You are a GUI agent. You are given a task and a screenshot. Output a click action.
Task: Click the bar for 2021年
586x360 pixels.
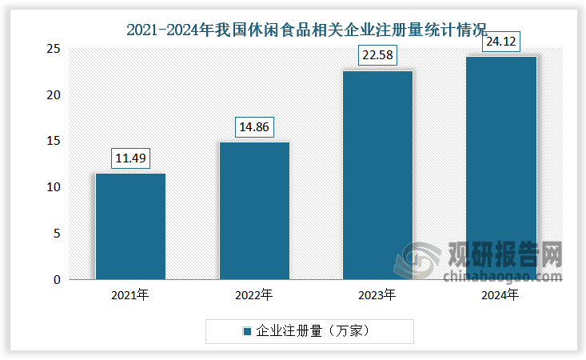(130, 226)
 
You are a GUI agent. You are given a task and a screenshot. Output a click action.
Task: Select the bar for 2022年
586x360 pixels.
(254, 211)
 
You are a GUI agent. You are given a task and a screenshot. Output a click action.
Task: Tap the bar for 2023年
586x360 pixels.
(377, 175)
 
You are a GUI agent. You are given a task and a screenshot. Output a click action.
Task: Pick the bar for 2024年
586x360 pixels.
(501, 168)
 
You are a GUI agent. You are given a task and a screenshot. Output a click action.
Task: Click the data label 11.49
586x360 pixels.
(130, 158)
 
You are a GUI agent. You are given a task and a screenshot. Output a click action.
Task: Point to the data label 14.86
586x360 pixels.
(254, 127)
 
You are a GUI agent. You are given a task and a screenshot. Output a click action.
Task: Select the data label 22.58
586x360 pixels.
(377, 56)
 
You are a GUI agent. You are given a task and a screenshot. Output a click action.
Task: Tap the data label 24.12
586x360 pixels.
(501, 42)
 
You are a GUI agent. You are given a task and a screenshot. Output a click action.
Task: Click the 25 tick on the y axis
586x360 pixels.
(54, 49)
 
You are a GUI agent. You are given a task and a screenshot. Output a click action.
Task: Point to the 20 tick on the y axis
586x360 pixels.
(54, 95)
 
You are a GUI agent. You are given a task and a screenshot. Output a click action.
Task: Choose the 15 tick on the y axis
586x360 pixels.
(54, 141)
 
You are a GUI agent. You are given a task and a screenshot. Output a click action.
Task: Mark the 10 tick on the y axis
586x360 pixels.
(54, 187)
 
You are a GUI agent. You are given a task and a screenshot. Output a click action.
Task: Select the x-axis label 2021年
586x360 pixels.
(130, 295)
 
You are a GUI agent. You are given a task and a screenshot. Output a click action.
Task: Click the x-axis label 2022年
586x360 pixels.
(254, 295)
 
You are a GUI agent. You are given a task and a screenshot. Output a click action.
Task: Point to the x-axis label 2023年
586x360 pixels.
(377, 295)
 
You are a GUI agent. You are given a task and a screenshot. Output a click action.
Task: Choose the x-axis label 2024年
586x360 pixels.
(501, 295)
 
